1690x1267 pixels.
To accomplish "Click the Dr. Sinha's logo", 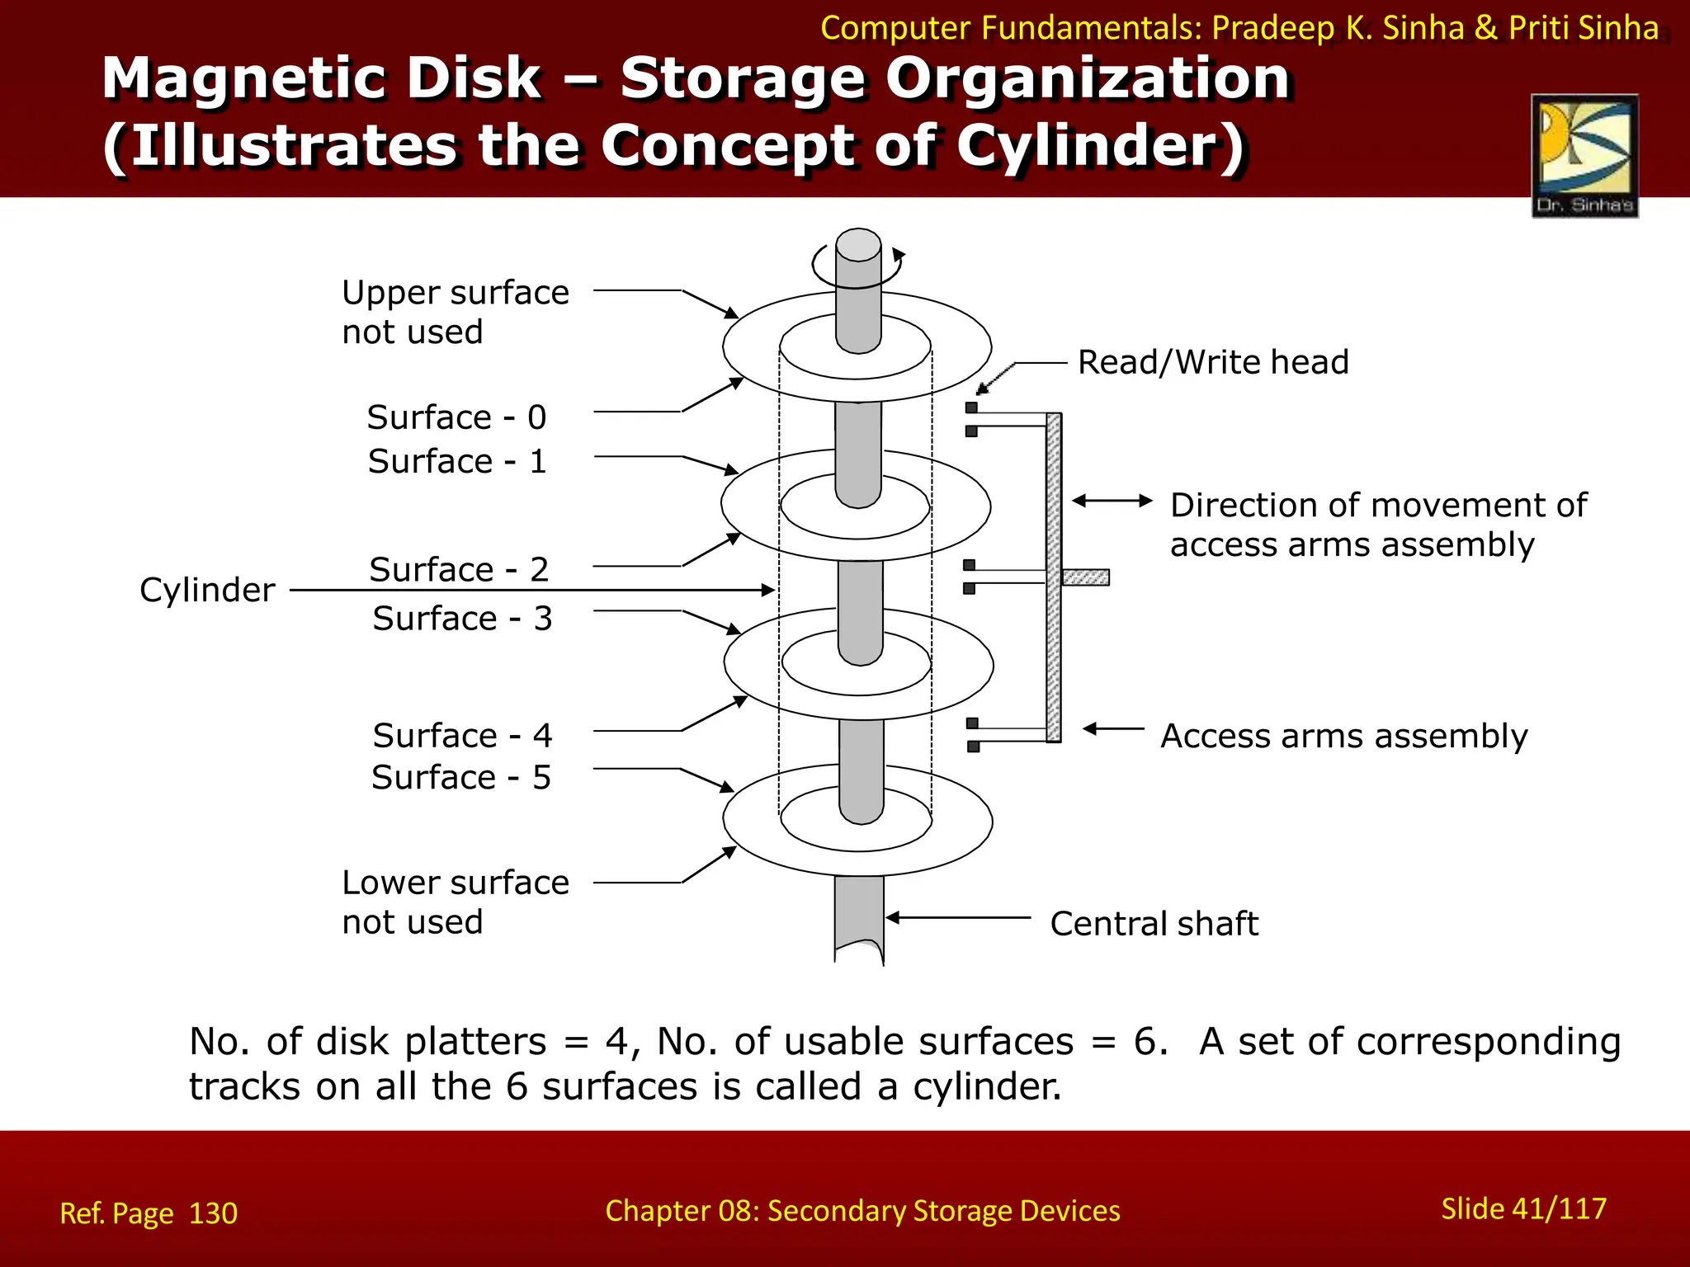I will tap(1584, 155).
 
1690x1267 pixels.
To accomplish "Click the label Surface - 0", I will tap(456, 417).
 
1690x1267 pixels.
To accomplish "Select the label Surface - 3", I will tap(462, 619).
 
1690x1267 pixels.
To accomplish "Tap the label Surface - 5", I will tap(460, 778).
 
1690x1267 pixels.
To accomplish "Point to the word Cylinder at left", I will tap(207, 591).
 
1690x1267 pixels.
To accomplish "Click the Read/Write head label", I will tap(1213, 363).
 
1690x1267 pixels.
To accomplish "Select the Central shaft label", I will tap(1154, 924).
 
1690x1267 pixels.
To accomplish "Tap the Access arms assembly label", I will tap(1343, 736).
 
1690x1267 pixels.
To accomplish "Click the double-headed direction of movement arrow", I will tap(1112, 501).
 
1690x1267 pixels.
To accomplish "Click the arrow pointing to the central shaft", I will tap(957, 917).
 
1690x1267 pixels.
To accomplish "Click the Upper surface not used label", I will tap(455, 313).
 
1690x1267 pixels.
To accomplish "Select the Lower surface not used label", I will tap(455, 902).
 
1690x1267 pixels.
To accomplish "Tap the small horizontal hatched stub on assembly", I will tap(1085, 577).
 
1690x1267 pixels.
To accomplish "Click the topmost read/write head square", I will tap(971, 407).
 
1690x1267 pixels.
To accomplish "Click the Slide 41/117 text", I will tap(1523, 1208).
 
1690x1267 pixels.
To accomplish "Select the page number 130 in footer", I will tap(213, 1213).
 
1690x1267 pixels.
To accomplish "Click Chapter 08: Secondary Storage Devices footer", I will tap(862, 1211).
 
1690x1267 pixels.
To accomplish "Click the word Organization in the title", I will tap(1088, 80).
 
